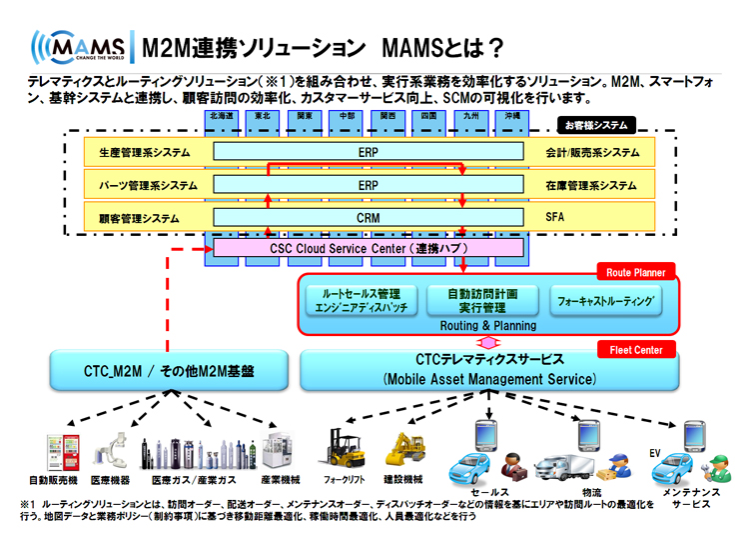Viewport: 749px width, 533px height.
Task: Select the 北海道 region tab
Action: coord(222,116)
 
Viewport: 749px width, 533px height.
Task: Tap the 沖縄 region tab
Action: coord(510,116)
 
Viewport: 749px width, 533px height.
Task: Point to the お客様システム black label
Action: coord(595,125)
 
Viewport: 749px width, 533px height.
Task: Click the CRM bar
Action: coord(368,217)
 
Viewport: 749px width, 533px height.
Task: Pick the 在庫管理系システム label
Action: coord(590,185)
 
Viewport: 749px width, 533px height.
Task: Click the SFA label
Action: coord(555,217)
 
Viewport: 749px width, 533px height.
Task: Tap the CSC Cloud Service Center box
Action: coord(369,247)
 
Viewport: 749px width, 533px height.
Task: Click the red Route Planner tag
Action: coord(636,271)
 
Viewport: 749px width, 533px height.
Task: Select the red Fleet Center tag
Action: coord(636,350)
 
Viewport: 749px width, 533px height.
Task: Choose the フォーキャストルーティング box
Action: coord(606,300)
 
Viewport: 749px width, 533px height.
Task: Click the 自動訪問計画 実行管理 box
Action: coord(483,301)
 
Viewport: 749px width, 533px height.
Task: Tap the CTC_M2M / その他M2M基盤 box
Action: coord(168,371)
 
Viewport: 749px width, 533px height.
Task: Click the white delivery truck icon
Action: coord(567,466)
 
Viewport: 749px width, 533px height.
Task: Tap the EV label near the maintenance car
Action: coord(656,452)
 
